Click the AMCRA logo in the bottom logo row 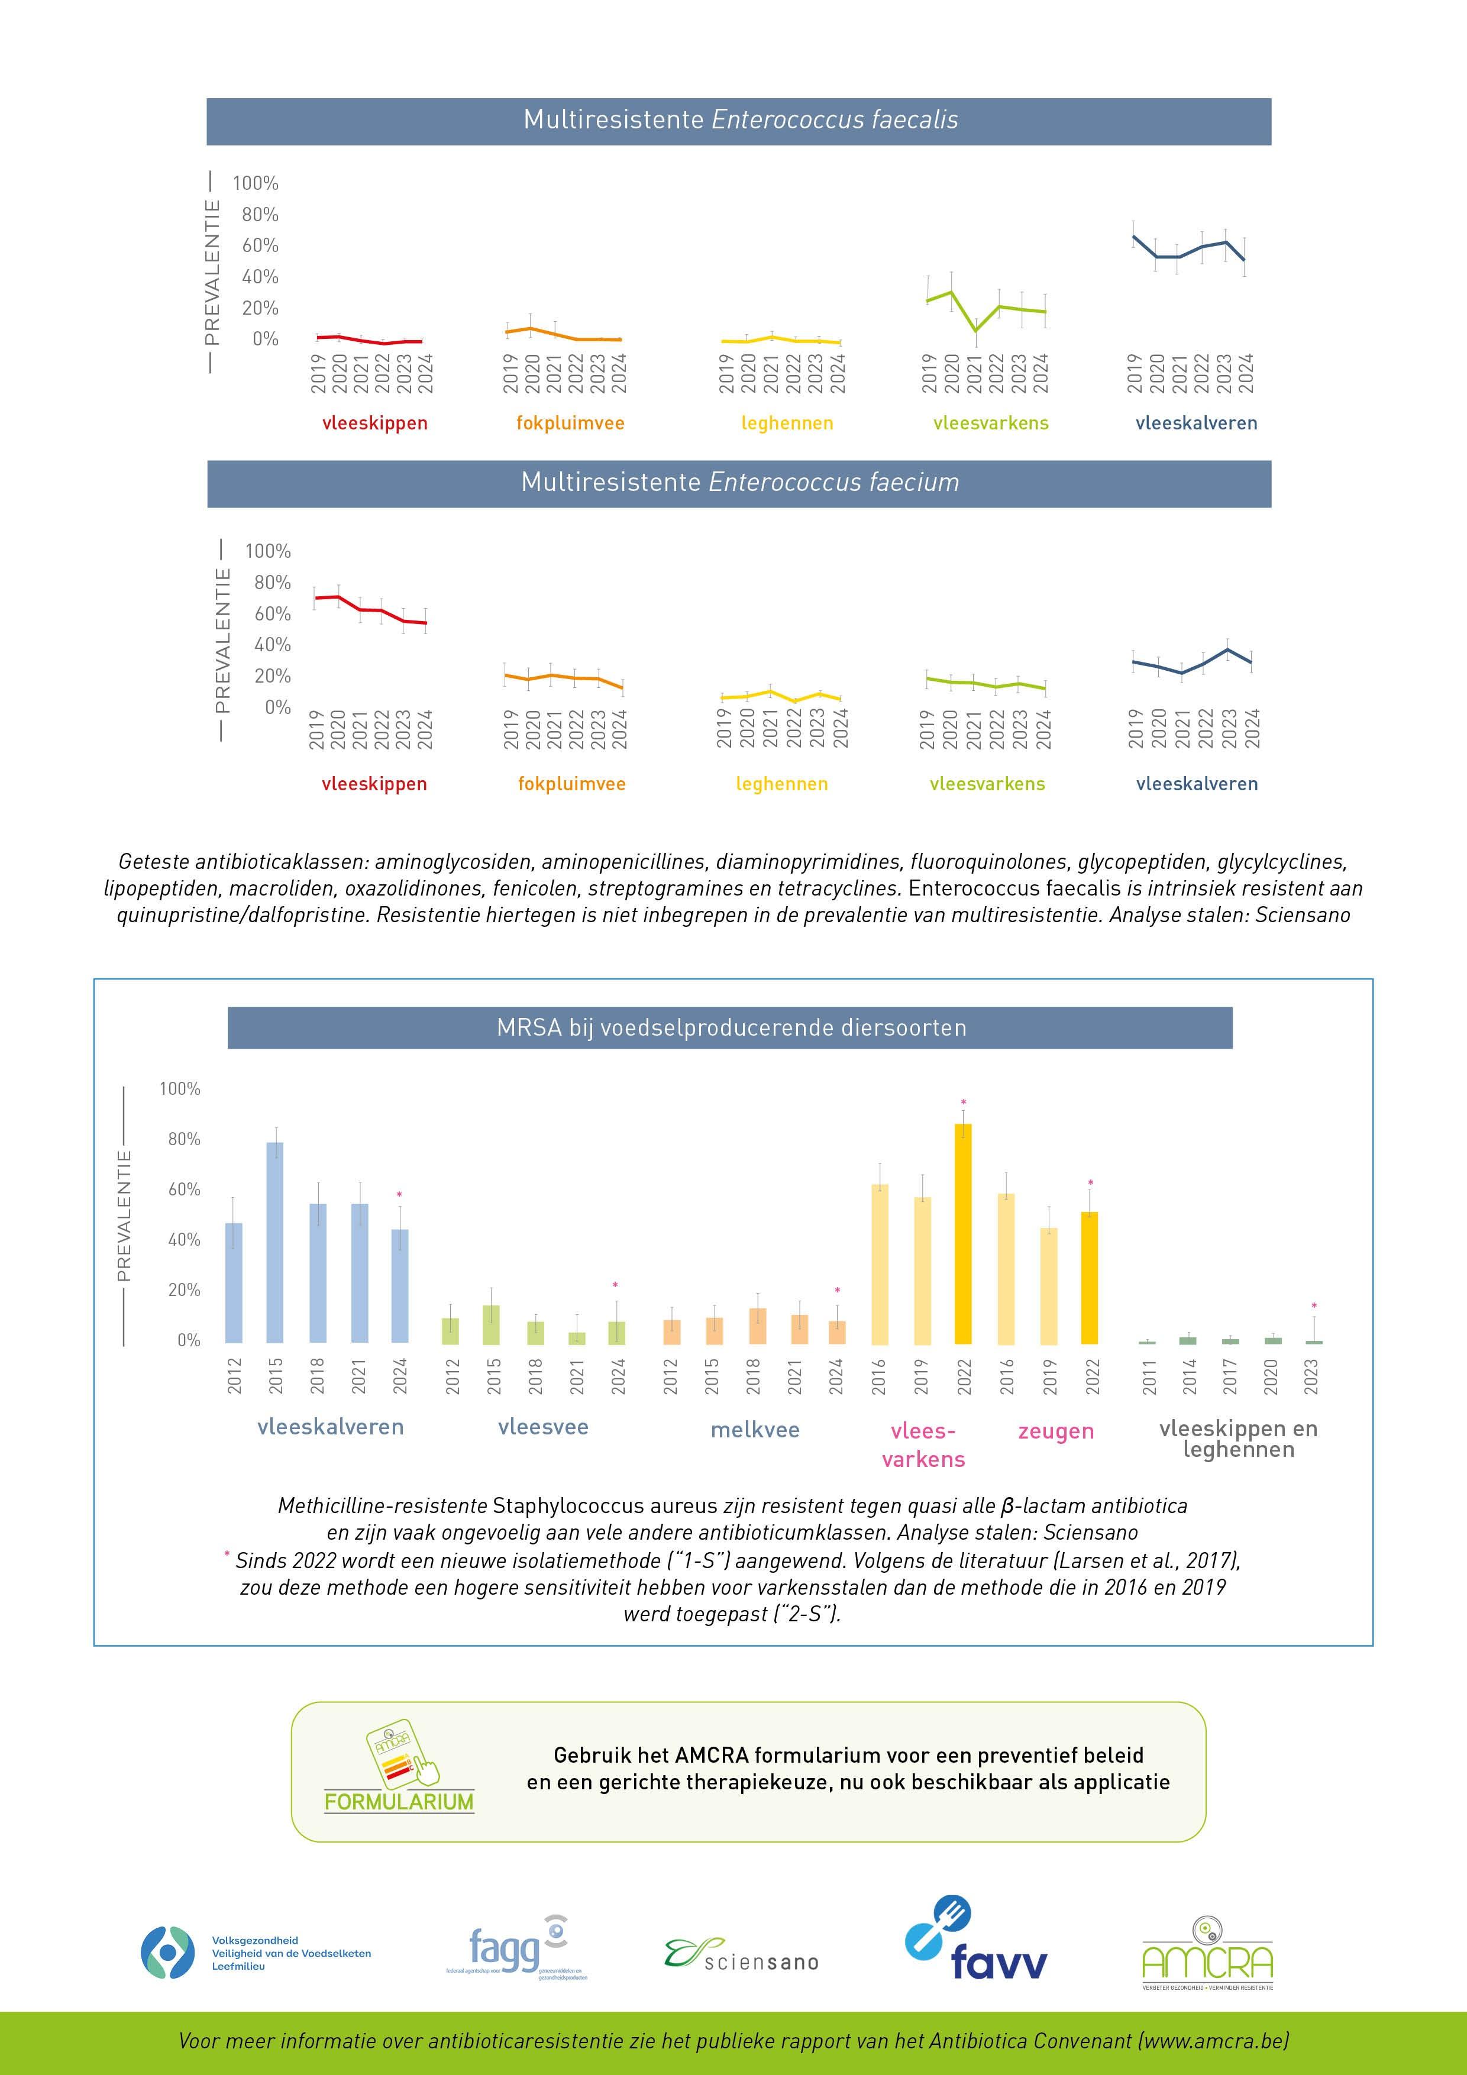point(1207,1953)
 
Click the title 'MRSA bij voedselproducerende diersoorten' point(731,1027)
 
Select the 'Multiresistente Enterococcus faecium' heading point(739,483)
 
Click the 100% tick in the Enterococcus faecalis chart point(255,183)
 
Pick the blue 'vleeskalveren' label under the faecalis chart point(1196,423)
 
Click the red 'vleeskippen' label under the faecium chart point(374,784)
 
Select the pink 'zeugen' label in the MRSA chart point(1056,1431)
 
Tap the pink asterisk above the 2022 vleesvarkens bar point(964,1103)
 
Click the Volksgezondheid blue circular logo point(167,1951)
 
